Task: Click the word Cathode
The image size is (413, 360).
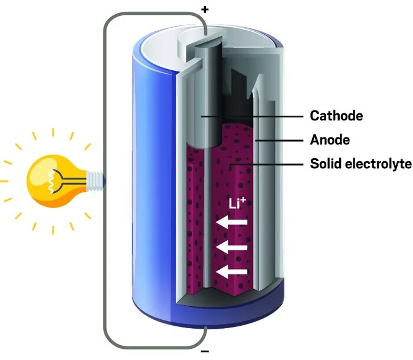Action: click(x=336, y=116)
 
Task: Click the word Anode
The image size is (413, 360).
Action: click(x=330, y=140)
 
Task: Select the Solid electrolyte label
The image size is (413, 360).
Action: click(x=360, y=163)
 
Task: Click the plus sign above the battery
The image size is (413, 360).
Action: click(x=205, y=10)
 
